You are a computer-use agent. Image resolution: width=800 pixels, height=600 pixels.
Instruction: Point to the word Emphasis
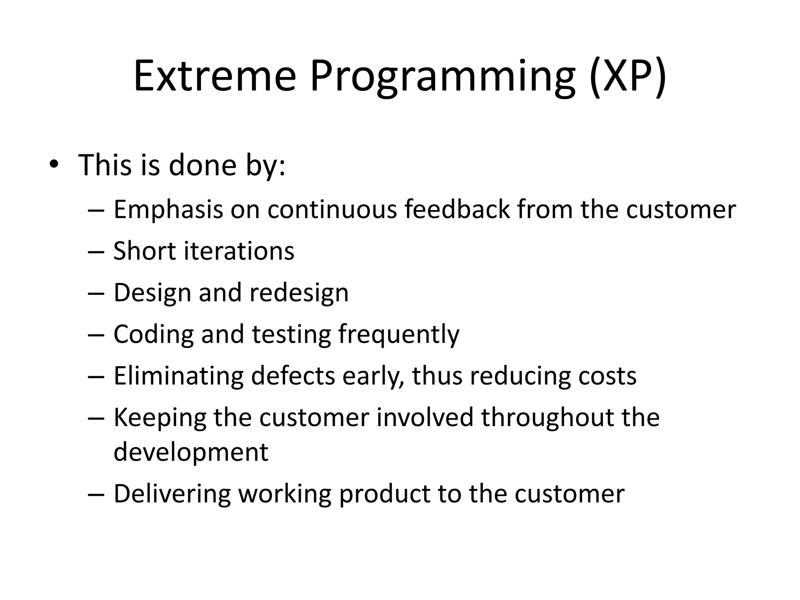pos(168,210)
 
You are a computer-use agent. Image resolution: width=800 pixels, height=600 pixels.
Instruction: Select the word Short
pos(144,251)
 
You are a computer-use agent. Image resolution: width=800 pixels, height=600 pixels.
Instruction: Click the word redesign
pos(299,293)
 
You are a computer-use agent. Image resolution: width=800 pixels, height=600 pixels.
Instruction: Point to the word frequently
pos(399,335)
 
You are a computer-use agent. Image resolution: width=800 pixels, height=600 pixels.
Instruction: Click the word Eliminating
pos(178,376)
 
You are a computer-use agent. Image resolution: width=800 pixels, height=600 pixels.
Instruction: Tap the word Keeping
pos(159,418)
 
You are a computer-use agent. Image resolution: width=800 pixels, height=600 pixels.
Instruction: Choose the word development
pos(191,452)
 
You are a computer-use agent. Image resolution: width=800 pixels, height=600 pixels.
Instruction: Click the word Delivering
pos(172,494)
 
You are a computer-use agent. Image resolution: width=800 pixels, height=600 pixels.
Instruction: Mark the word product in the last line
pos(384,495)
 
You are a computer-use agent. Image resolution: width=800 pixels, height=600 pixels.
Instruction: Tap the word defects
pos(293,376)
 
